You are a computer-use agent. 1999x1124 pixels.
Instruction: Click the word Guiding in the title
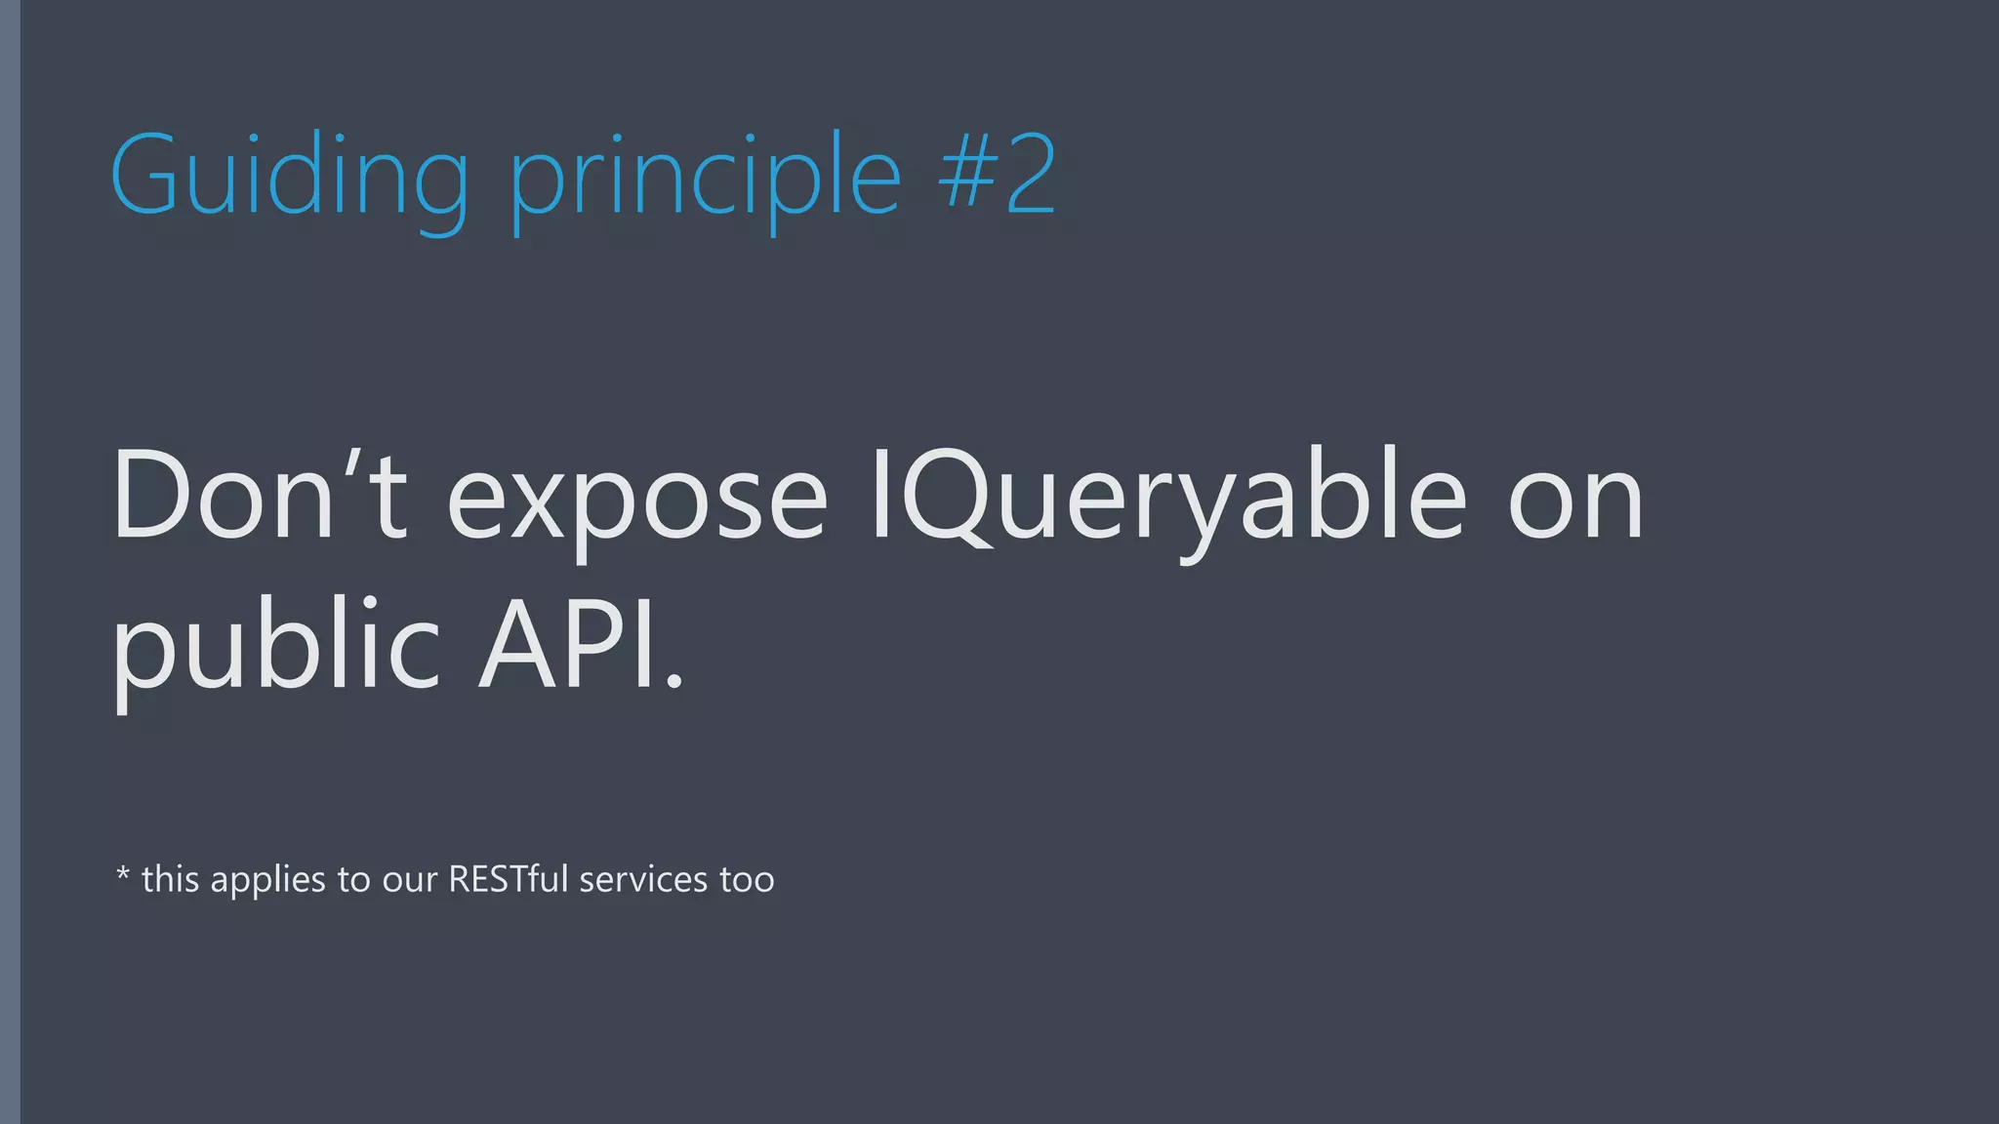coord(290,176)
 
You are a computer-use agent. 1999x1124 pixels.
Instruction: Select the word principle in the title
coord(705,180)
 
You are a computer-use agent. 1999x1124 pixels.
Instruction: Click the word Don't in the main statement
coord(260,498)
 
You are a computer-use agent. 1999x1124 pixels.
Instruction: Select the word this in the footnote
coord(171,879)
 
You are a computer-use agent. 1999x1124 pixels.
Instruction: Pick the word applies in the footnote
coord(268,881)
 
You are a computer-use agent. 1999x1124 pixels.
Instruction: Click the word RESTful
coord(508,879)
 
